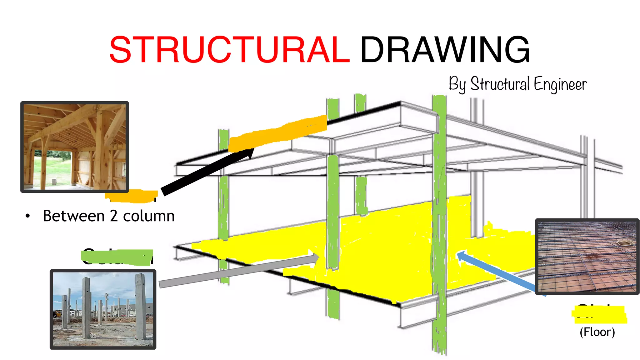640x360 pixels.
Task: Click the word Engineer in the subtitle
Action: tap(560, 84)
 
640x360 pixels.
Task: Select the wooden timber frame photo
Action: tap(75, 147)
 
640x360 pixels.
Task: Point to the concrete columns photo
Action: tap(103, 309)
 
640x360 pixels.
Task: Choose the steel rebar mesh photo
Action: tap(587, 256)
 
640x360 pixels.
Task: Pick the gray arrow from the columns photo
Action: tap(237, 271)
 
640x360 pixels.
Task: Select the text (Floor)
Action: tap(597, 332)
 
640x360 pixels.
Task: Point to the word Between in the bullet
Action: tap(74, 216)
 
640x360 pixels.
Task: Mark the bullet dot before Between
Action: tap(28, 216)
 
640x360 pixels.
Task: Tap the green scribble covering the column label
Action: tap(117, 257)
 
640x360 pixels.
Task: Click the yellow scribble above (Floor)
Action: tap(599, 314)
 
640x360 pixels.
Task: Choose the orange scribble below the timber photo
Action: tap(131, 196)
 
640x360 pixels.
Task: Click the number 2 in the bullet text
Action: tap(113, 216)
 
